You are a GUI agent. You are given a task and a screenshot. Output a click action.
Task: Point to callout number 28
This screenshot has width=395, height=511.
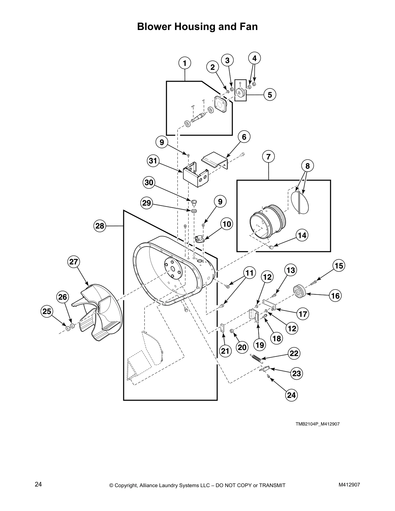(100, 226)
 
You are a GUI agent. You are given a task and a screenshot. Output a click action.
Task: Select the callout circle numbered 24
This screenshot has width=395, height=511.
(291, 395)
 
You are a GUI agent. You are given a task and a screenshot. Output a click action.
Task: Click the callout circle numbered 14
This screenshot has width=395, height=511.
(302, 235)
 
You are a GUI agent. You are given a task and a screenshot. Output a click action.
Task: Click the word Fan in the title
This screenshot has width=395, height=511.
(248, 26)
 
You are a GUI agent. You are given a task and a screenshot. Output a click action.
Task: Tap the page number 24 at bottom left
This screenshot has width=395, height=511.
(38, 484)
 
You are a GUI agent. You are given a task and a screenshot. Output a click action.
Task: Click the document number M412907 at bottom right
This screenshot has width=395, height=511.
(349, 484)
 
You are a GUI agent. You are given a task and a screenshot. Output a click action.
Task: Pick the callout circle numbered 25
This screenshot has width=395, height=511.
(47, 311)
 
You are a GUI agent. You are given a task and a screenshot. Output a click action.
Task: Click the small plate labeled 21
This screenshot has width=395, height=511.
(223, 328)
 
